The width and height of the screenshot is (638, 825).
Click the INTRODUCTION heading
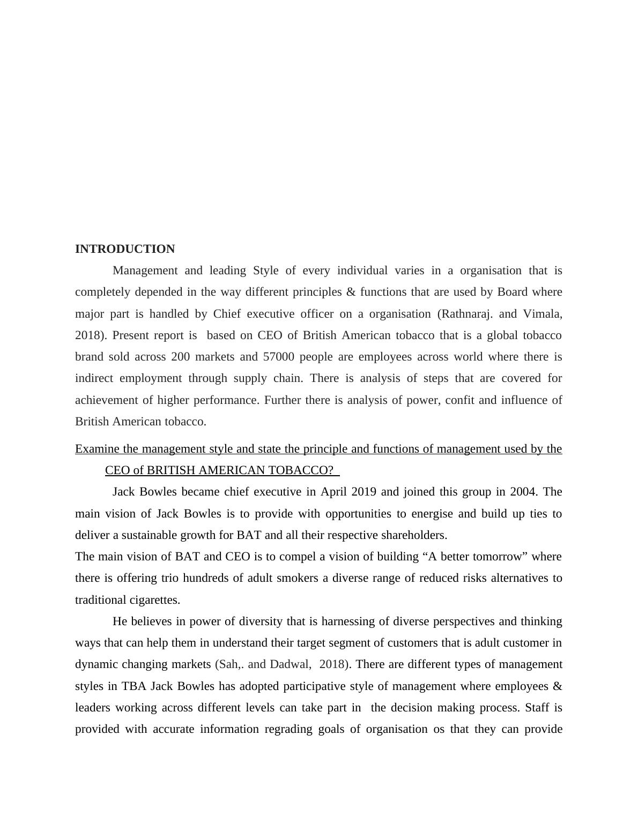pos(125,249)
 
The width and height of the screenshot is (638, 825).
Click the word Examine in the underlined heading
pos(98,449)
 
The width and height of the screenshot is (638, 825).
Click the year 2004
pos(523,492)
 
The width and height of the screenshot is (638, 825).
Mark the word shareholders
pos(414,535)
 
